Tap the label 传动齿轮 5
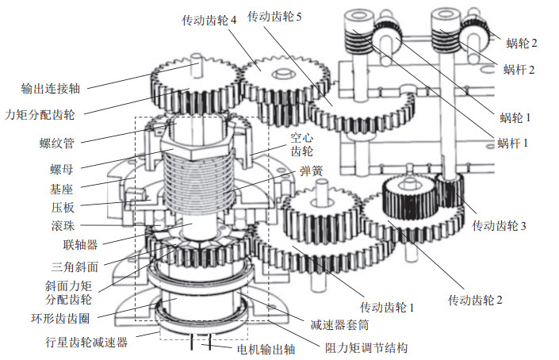coord(274,16)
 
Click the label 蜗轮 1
coord(515,117)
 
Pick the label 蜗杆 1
coord(514,144)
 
